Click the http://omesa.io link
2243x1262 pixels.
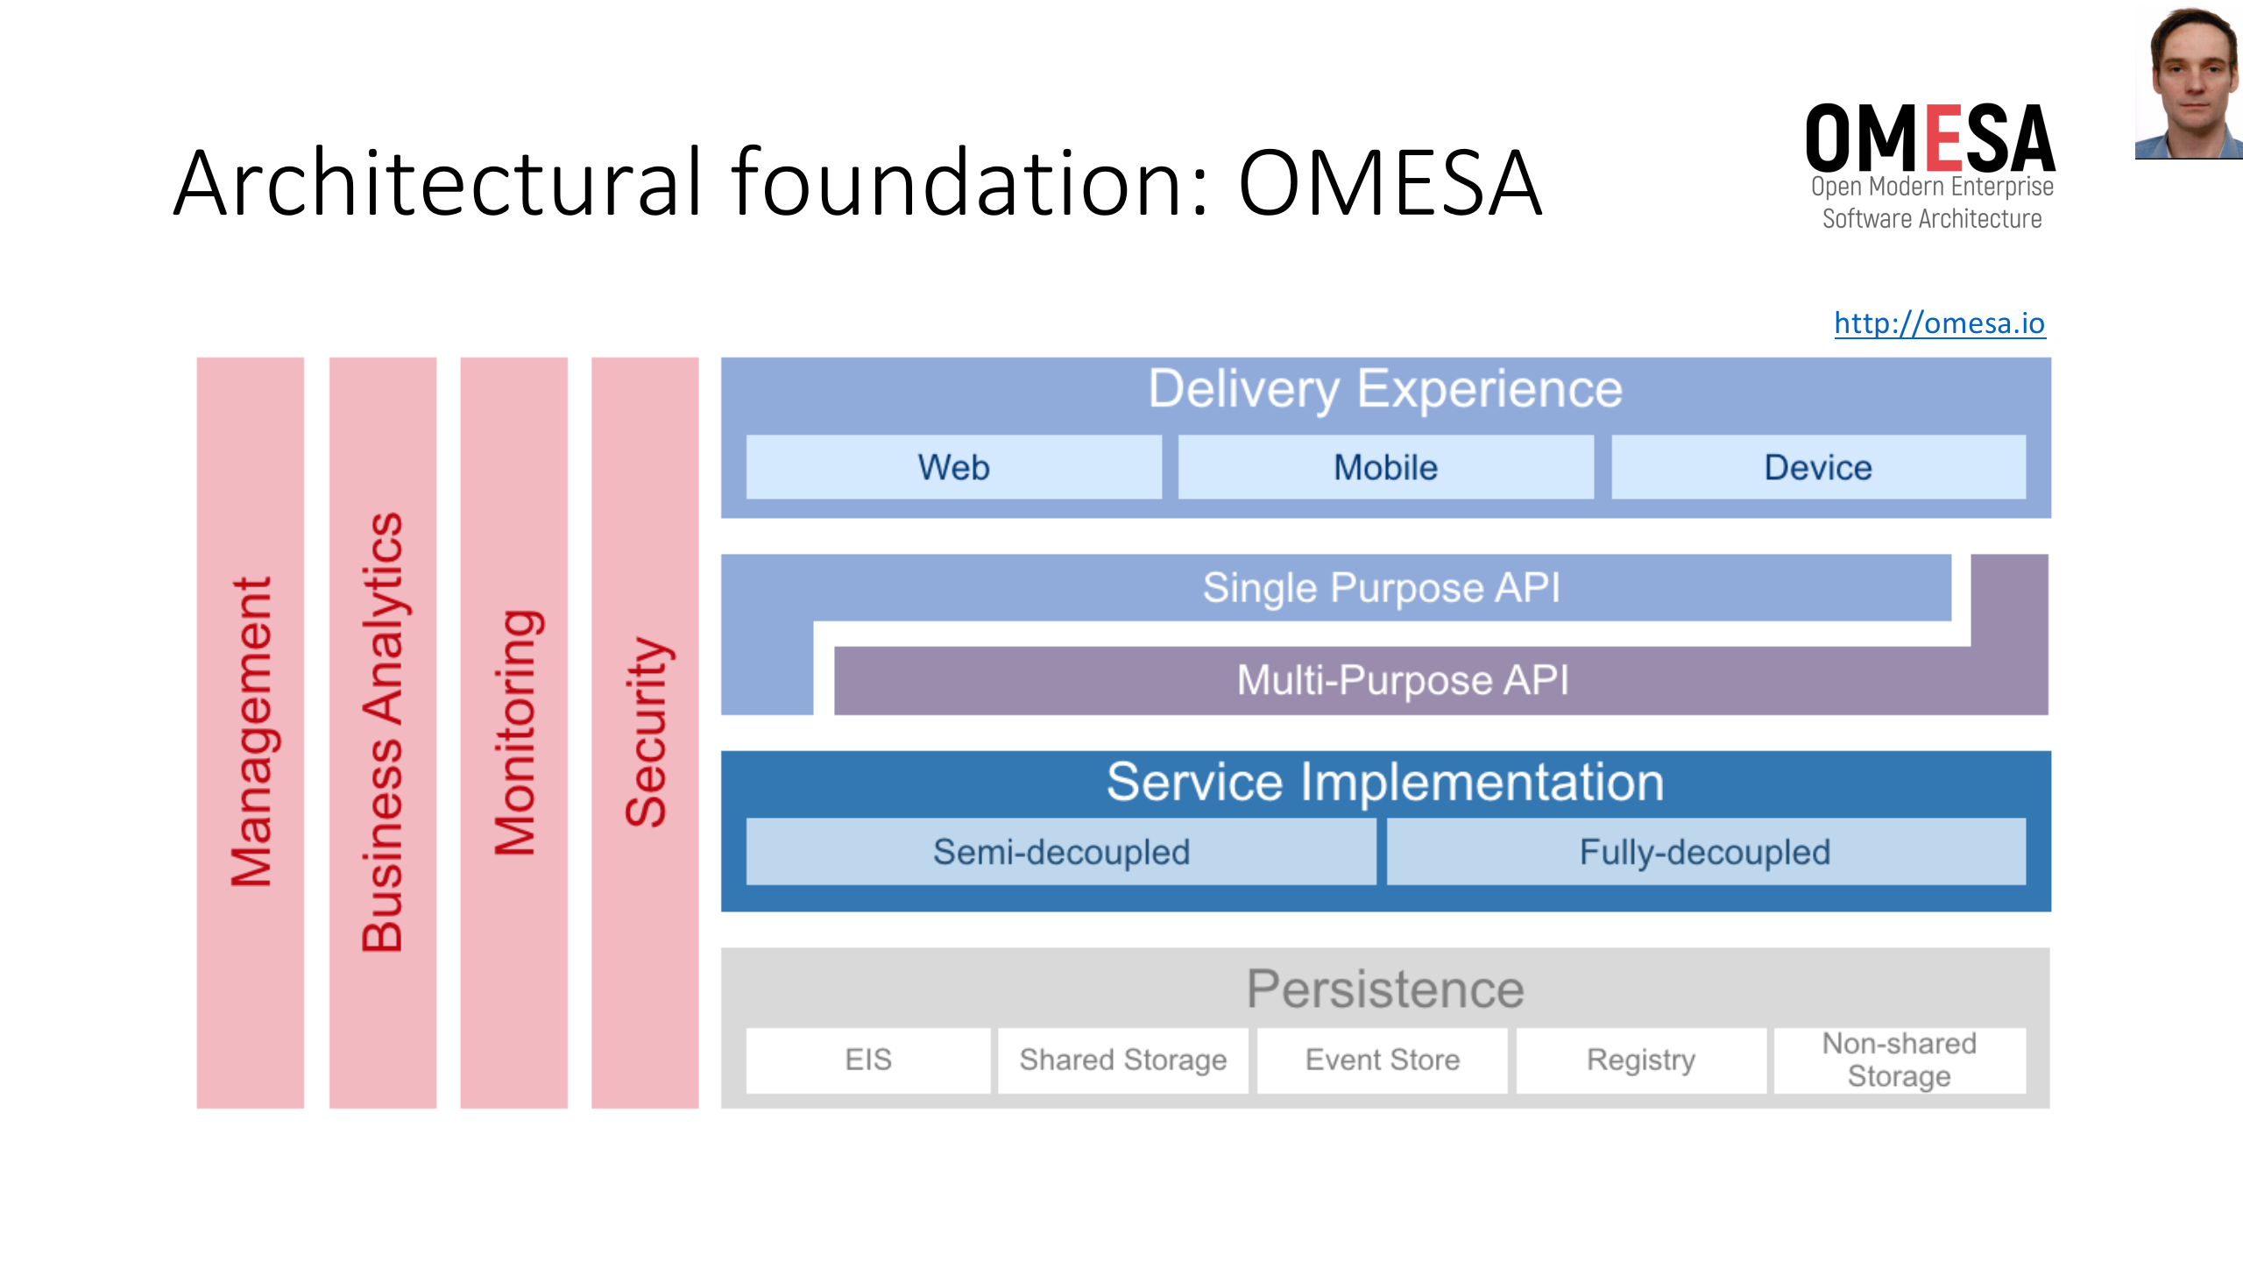pos(1939,323)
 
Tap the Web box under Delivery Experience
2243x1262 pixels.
pos(953,467)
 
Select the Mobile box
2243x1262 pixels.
pos(1385,467)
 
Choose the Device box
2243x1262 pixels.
pos(1818,467)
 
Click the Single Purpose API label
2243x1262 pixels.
pos(1381,587)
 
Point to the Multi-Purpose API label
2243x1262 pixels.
pos(1402,680)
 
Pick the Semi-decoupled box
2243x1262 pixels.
pos(1061,852)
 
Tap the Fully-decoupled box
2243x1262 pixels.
pos(1705,852)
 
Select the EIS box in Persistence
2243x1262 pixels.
pos(867,1060)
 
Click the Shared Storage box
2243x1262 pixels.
pos(1122,1060)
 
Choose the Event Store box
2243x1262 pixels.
pos(1382,1060)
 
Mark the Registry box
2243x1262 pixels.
pos(1641,1060)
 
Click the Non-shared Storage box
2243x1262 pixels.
pos(1900,1060)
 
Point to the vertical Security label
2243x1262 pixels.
pos(646,732)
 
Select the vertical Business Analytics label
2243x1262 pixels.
pos(383,732)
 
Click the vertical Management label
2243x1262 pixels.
pos(251,732)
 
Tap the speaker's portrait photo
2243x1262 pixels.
pos(2190,83)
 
